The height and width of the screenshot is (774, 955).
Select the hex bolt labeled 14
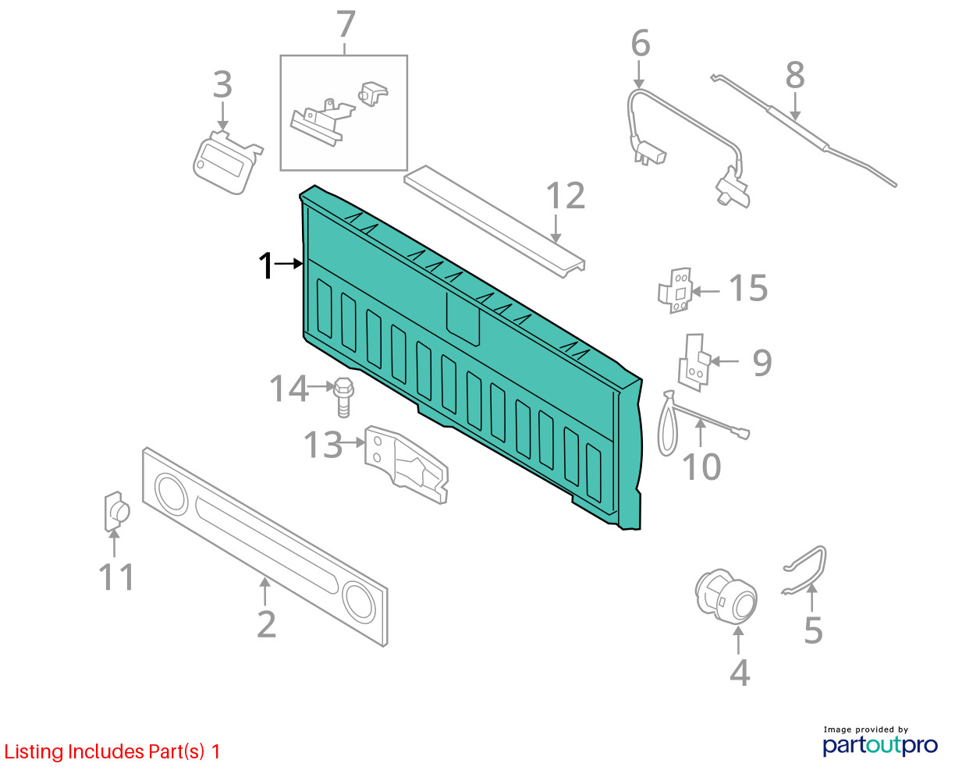coord(343,397)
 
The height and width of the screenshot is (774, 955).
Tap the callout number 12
coord(566,196)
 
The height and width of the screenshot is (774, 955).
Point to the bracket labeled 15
coord(676,290)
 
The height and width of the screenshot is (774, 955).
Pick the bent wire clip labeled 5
coord(804,570)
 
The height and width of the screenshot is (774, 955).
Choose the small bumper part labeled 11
coord(116,512)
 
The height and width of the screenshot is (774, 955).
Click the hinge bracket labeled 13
coord(406,464)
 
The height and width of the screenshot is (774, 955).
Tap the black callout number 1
coord(266,265)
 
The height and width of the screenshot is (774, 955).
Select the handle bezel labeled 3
coord(227,163)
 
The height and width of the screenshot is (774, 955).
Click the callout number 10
coord(701,467)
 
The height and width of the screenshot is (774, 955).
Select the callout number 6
coord(641,43)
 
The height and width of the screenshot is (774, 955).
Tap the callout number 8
coord(795,76)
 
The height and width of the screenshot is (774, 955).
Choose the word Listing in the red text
coord(34,752)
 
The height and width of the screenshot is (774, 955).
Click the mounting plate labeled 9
coord(694,363)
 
